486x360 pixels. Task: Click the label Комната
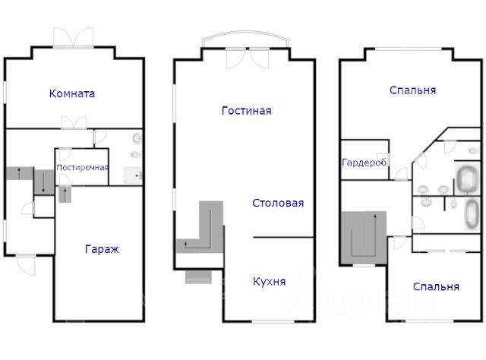click(x=72, y=93)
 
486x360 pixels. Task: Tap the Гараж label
click(x=102, y=249)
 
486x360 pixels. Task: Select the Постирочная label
click(x=83, y=167)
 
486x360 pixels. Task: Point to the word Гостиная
click(x=247, y=111)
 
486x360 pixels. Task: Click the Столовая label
click(x=278, y=203)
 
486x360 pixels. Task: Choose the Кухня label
click(x=270, y=282)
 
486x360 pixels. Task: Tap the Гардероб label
click(x=364, y=163)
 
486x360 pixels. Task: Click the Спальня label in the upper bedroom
click(x=413, y=90)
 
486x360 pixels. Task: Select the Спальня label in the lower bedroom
click(x=436, y=287)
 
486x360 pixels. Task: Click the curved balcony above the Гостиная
click(x=245, y=32)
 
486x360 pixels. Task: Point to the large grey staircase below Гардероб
click(x=364, y=238)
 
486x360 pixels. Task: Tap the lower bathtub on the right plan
click(x=472, y=213)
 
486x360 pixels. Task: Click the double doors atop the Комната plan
click(x=73, y=37)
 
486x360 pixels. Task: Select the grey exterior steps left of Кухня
click(x=198, y=277)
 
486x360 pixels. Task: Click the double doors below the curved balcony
click(x=248, y=58)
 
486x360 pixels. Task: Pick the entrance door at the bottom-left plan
click(x=26, y=264)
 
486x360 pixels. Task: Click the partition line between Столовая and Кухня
click(x=283, y=238)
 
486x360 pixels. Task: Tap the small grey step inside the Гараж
click(x=65, y=194)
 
